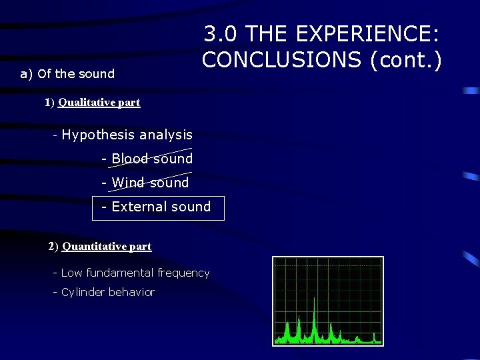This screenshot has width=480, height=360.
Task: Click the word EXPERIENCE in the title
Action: click(370, 34)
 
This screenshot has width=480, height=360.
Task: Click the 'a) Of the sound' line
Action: click(67, 73)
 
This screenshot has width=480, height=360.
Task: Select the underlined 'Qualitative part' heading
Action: click(99, 103)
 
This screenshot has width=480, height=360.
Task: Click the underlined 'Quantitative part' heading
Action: click(107, 247)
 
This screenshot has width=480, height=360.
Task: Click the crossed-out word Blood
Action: click(130, 159)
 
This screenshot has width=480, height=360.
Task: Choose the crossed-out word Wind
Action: click(127, 183)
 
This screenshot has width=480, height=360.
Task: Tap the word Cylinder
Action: click(83, 292)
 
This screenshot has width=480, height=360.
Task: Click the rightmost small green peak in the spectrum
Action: click(375, 337)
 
